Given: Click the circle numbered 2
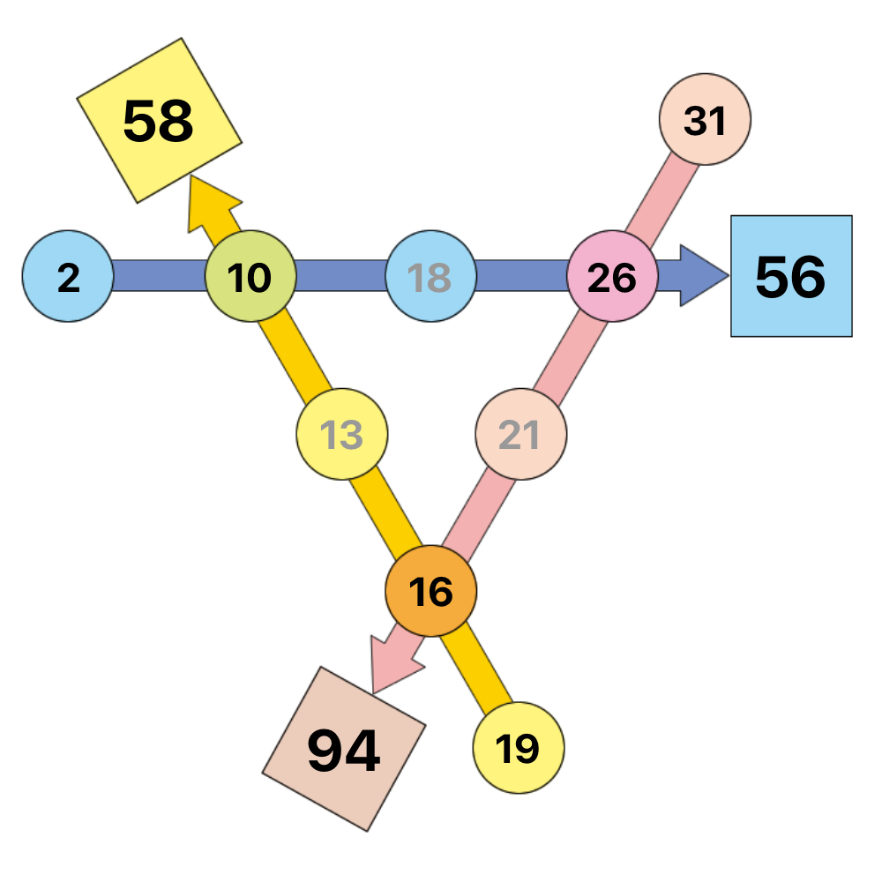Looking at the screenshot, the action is pos(68,276).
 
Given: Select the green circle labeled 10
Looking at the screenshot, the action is pos(250,276).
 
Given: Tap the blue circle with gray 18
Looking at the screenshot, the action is pos(431,276).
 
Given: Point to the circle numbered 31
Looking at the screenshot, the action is pos(705,119).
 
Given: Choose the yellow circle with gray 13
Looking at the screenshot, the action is pos(342,434).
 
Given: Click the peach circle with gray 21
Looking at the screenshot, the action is pos(521,434).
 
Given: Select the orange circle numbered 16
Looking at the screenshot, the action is pos(431,591).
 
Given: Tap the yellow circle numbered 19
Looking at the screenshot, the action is pos(519,748).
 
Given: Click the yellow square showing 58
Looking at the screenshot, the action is pos(159,120).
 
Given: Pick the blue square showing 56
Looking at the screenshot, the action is pos(791,276).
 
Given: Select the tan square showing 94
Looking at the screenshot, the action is pos(344,749).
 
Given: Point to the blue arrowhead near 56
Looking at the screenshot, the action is pos(703,275).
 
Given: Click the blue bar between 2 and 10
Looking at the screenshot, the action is pos(159,275).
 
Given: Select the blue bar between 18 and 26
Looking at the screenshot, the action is pos(521,275).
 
